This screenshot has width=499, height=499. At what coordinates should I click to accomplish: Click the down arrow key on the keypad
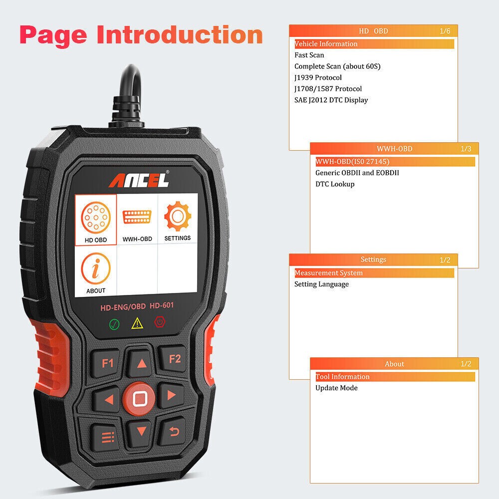click(139, 431)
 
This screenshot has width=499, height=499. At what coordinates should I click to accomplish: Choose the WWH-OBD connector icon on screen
click(137, 217)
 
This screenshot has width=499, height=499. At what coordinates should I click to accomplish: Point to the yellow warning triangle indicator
click(137, 324)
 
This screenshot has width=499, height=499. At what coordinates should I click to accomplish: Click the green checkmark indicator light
click(114, 324)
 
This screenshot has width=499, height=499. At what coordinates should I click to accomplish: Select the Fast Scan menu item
click(309, 55)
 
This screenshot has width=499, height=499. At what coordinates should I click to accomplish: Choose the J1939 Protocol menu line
click(318, 77)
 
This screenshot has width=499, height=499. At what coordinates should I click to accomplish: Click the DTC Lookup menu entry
click(335, 184)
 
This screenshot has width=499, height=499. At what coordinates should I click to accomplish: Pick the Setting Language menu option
click(321, 284)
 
